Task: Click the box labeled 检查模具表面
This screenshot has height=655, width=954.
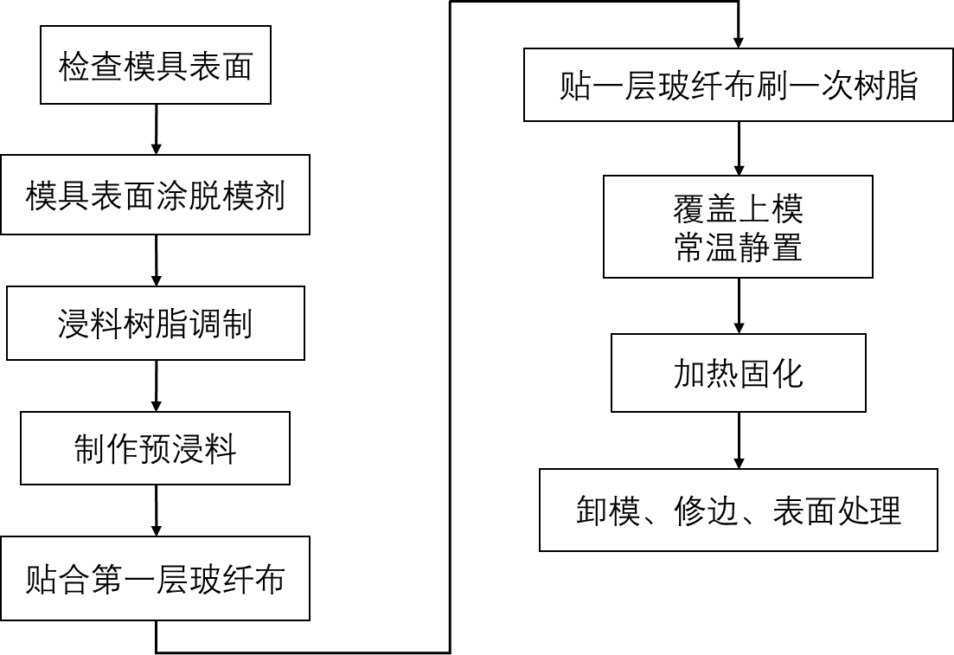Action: tap(156, 65)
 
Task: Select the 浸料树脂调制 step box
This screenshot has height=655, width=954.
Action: tap(156, 324)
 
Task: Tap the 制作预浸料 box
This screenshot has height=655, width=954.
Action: tap(155, 448)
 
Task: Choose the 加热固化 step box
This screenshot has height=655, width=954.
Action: tap(738, 373)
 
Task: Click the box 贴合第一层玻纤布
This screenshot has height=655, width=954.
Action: tap(155, 578)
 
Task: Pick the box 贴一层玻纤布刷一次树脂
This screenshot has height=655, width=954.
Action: tap(738, 85)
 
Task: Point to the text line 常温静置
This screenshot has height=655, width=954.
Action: tap(738, 247)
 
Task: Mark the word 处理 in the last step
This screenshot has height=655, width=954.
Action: tap(868, 511)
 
